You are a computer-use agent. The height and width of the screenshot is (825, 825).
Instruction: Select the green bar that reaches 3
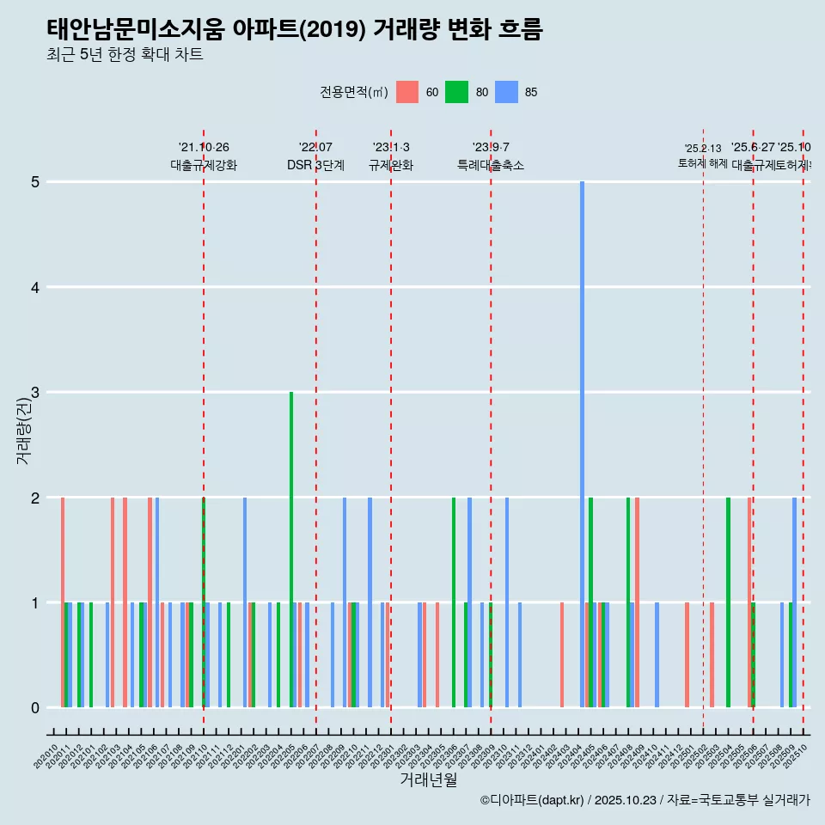click(291, 550)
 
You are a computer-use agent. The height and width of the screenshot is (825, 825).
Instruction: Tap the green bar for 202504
click(728, 602)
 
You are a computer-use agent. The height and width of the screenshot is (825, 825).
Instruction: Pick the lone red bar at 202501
click(687, 655)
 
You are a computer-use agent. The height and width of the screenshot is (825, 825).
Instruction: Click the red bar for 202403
click(562, 655)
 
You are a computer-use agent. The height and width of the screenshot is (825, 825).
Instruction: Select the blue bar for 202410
click(657, 655)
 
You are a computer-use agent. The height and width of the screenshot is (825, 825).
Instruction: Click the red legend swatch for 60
click(407, 92)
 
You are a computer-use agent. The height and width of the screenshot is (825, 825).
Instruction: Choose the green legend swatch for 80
click(456, 92)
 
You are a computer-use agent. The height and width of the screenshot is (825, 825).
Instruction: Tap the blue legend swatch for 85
click(507, 92)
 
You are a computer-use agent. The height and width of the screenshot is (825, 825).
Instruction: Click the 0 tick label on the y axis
click(35, 708)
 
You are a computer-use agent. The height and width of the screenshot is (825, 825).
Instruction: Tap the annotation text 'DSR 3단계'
click(315, 165)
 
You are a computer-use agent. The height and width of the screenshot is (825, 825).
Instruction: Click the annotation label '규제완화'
click(391, 165)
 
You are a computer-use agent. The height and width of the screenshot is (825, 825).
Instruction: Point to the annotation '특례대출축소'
click(490, 165)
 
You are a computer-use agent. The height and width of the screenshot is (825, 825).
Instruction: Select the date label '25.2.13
click(703, 149)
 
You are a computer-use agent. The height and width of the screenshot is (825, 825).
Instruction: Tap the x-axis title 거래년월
click(428, 779)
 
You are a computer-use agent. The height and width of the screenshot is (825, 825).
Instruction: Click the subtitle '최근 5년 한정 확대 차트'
click(125, 55)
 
